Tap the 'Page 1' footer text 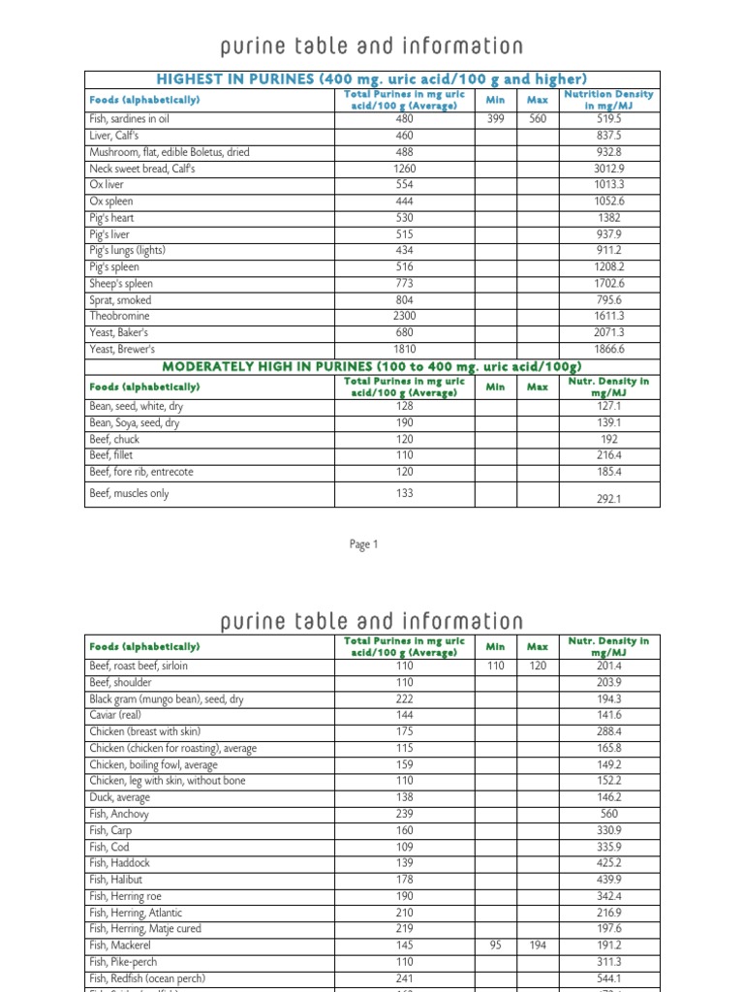363,544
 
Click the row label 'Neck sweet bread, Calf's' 142,169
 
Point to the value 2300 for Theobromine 404,317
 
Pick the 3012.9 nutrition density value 608,169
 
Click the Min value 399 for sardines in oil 495,119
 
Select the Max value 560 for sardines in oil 537,119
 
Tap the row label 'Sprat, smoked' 120,300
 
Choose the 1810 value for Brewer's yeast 404,350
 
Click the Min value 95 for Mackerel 495,945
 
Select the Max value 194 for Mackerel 537,945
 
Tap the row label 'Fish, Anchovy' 119,814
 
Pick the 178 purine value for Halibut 404,880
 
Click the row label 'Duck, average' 120,797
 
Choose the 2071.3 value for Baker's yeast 608,333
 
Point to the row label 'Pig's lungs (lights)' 127,251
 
